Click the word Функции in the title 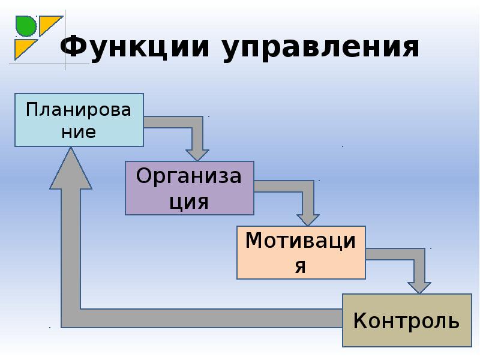[134, 47]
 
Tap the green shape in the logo [25, 26]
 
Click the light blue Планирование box [79, 120]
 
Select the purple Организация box [190, 188]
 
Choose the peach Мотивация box [301, 253]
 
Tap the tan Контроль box [407, 320]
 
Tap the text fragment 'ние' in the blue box [79, 133]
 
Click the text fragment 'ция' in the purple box [189, 202]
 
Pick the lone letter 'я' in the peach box [301, 266]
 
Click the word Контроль [407, 320]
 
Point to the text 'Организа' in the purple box [189, 176]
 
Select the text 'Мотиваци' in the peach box [301, 241]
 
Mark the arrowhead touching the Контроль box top [419, 288]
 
